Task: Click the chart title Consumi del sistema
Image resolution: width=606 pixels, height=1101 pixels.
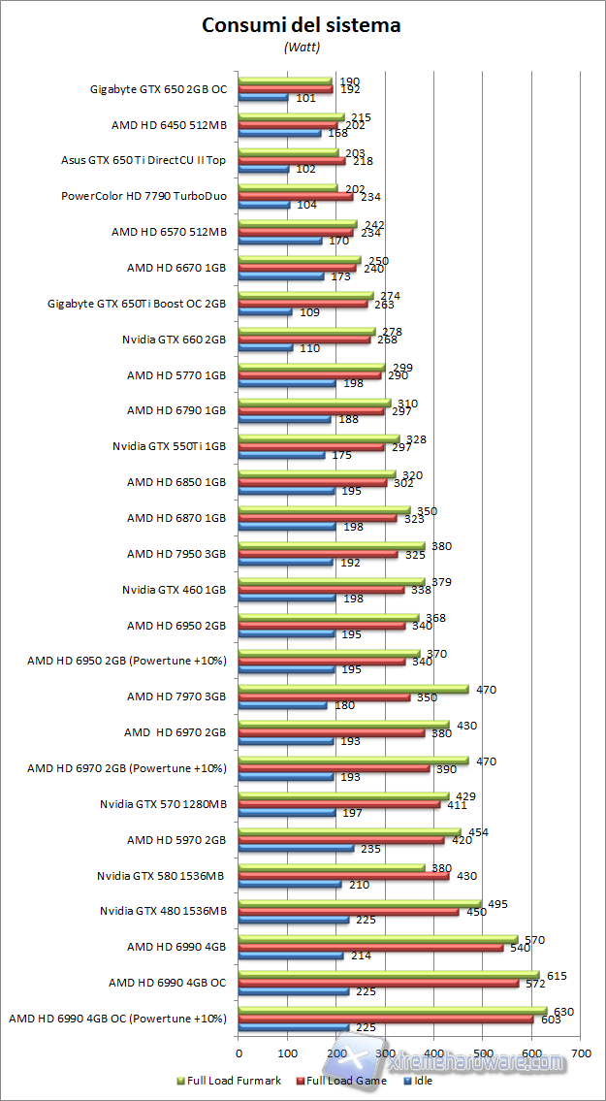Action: tap(302, 25)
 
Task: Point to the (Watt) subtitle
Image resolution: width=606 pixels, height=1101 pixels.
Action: tap(302, 46)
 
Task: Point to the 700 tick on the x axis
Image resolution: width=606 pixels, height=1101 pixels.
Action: tap(581, 1052)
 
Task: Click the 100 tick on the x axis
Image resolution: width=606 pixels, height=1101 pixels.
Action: tap(287, 1052)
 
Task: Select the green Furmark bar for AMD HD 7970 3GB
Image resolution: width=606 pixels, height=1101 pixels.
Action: tap(353, 689)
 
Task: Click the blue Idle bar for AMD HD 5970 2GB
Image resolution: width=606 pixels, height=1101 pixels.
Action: tap(296, 848)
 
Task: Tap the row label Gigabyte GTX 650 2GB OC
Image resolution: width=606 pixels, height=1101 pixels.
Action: tap(158, 90)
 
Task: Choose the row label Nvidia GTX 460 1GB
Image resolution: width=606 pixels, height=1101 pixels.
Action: tap(174, 590)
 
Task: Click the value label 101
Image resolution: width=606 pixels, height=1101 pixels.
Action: tap(305, 98)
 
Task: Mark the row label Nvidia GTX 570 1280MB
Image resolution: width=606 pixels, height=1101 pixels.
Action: tap(163, 803)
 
